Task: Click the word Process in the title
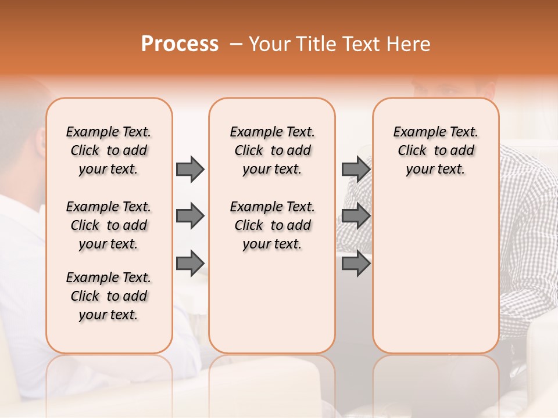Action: [180, 44]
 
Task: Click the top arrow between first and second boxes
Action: [190, 169]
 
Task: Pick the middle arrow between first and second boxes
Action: [190, 217]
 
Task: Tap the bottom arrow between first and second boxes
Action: [190, 264]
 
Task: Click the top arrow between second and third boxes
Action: [356, 169]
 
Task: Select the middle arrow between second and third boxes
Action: [356, 217]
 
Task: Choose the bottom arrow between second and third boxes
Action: [356, 264]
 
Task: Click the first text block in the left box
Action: [109, 150]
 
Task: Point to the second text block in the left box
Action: [109, 225]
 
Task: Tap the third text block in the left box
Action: [109, 296]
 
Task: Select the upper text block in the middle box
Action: [272, 150]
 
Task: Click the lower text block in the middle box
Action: [272, 225]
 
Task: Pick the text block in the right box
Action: [435, 150]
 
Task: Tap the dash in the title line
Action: [236, 44]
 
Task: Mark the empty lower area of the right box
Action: [435, 267]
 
